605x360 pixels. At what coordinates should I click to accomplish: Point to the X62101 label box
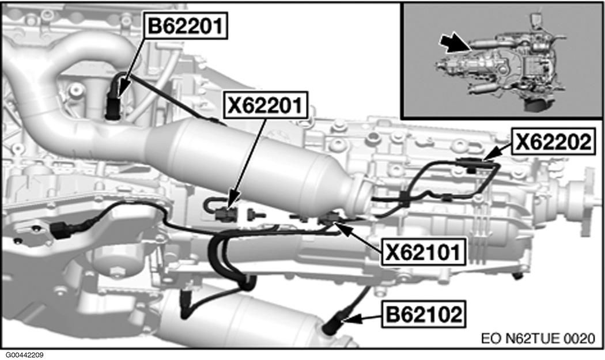click(423, 252)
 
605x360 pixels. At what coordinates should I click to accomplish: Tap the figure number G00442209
click(25, 355)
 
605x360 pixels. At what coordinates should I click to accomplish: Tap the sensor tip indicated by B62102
click(334, 325)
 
